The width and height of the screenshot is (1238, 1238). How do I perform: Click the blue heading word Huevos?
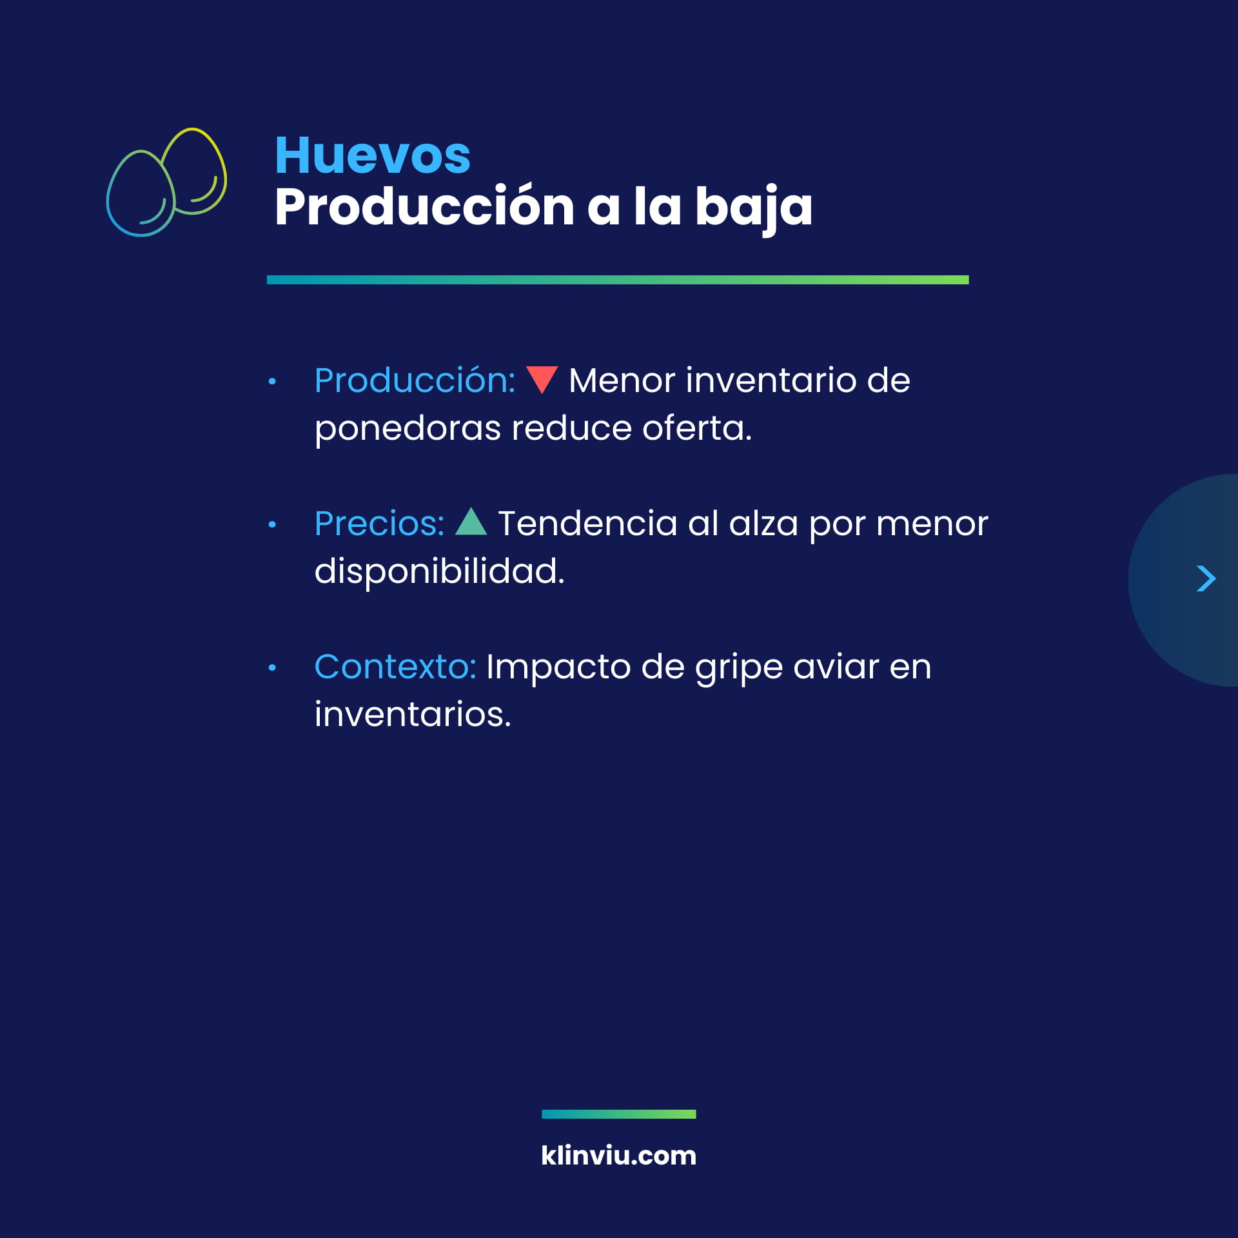pyautogui.click(x=373, y=155)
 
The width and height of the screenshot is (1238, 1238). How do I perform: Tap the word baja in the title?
pyautogui.click(x=754, y=208)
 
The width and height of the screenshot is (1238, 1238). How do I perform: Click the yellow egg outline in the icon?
pyautogui.click(x=193, y=172)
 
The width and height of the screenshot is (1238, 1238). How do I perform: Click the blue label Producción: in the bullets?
pyautogui.click(x=415, y=380)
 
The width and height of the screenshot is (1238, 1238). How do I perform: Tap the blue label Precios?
pyautogui.click(x=379, y=524)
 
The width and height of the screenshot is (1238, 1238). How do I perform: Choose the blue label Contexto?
pyautogui.click(x=395, y=667)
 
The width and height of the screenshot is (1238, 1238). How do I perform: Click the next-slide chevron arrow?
pyautogui.click(x=1206, y=578)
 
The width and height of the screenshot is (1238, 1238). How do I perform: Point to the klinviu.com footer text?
pyautogui.click(x=619, y=1155)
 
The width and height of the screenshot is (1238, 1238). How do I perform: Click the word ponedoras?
pyautogui.click(x=408, y=429)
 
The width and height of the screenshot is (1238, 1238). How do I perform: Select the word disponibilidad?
pyautogui.click(x=440, y=571)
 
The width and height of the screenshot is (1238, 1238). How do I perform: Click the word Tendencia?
pyautogui.click(x=587, y=523)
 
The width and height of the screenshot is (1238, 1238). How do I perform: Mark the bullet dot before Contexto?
pyautogui.click(x=272, y=668)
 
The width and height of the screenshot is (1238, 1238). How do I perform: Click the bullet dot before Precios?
pyautogui.click(x=272, y=525)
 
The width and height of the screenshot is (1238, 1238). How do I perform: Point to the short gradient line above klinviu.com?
pyautogui.click(x=619, y=1114)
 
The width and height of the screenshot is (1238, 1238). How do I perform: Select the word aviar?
pyautogui.click(x=836, y=667)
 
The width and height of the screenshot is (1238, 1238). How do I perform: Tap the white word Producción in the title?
pyautogui.click(x=424, y=207)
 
